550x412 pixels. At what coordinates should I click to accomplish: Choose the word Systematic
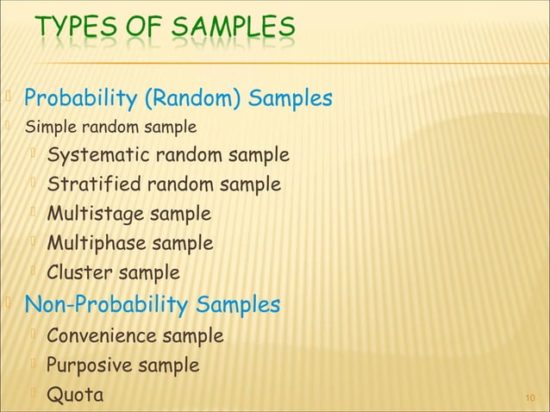click(x=97, y=156)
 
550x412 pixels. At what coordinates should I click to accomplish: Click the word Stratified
click(x=89, y=184)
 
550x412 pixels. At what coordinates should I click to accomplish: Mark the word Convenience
click(x=103, y=335)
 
